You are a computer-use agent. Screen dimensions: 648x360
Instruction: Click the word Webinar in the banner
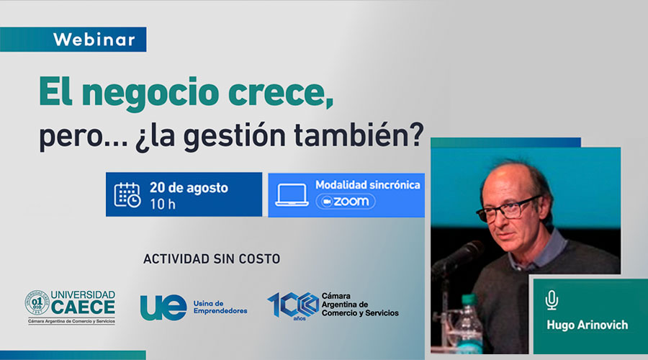(94, 40)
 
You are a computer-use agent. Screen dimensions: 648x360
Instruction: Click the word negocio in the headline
(150, 94)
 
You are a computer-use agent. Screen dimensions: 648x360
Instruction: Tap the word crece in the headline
(281, 94)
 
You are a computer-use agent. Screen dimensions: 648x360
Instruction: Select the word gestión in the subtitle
(234, 136)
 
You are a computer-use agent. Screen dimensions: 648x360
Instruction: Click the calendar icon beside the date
(127, 194)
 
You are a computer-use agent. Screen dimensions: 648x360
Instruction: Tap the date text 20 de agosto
(189, 188)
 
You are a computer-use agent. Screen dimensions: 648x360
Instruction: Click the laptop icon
(292, 195)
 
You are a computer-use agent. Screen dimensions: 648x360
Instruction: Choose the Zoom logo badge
(346, 202)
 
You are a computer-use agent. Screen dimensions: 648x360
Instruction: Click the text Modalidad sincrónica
(368, 185)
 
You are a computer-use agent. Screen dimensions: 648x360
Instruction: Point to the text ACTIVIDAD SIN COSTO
(212, 259)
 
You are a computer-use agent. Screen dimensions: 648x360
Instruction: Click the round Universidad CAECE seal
(37, 302)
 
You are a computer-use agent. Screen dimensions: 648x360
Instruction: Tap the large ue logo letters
(163, 307)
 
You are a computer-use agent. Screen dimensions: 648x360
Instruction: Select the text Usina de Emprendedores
(220, 307)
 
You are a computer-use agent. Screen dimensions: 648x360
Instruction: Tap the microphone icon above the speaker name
(552, 300)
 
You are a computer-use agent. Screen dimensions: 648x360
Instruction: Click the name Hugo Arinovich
(588, 325)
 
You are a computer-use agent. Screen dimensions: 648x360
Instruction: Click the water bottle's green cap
(469, 300)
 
